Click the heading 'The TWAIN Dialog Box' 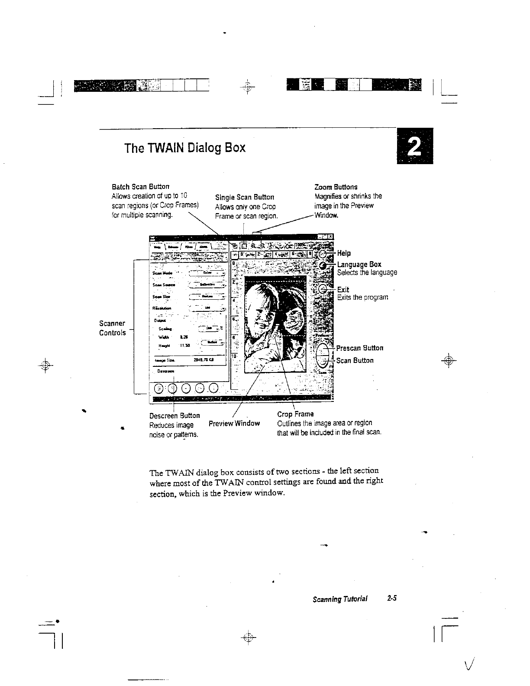pyautogui.click(x=184, y=148)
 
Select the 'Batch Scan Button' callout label pyautogui.click(x=140, y=187)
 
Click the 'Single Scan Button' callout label pyautogui.click(x=244, y=197)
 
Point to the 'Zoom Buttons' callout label pyautogui.click(x=336, y=187)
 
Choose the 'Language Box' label pyautogui.click(x=359, y=264)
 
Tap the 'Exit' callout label pyautogui.click(x=343, y=289)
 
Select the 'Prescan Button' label pyautogui.click(x=359, y=348)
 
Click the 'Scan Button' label pyautogui.click(x=355, y=360)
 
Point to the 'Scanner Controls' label pyautogui.click(x=112, y=328)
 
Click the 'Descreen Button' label pyautogui.click(x=175, y=415)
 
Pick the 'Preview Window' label pyautogui.click(x=234, y=423)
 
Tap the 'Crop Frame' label pyautogui.click(x=295, y=414)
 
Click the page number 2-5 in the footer pyautogui.click(x=392, y=599)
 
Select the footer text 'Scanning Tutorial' pyautogui.click(x=340, y=599)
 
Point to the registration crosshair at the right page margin pyautogui.click(x=449, y=360)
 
